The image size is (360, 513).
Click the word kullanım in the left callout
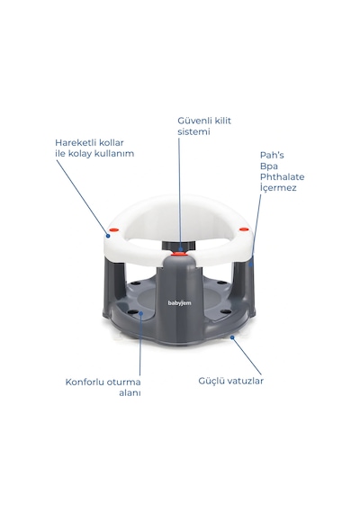click(x=114, y=154)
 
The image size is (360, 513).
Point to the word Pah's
click(x=272, y=155)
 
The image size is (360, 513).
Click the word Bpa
click(x=269, y=166)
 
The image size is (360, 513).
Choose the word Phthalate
click(x=282, y=177)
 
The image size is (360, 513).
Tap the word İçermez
click(x=278, y=187)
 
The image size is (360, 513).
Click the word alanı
click(x=130, y=393)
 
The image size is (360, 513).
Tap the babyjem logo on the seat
click(x=180, y=303)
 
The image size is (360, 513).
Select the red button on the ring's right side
click(x=243, y=229)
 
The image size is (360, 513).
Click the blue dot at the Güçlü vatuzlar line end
click(x=232, y=337)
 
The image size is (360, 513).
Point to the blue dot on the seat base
click(x=141, y=313)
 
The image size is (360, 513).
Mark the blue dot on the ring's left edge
click(x=108, y=236)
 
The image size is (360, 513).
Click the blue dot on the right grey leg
click(x=251, y=264)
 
